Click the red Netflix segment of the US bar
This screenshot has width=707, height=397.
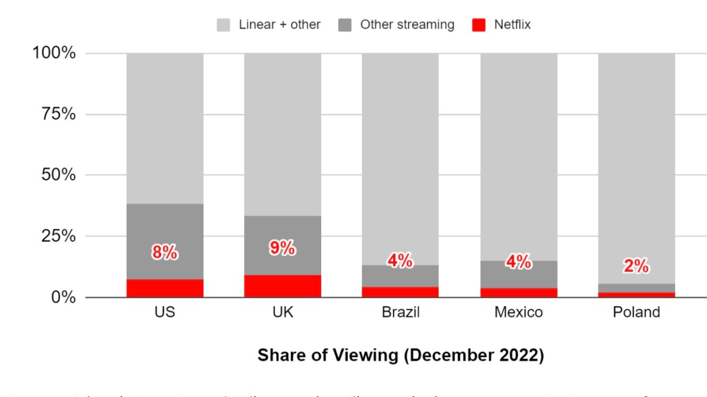[x=165, y=288]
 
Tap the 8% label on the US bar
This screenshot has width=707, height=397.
[x=165, y=253]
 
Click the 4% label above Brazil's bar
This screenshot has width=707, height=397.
[x=400, y=260]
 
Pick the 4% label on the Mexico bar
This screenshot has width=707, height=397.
[x=518, y=261]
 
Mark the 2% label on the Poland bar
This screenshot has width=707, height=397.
[x=636, y=266]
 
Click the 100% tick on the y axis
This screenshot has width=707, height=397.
[x=55, y=53]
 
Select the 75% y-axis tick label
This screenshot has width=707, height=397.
[x=58, y=114]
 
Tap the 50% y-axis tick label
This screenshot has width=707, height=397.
[x=58, y=175]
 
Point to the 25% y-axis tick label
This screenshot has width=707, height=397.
[x=58, y=236]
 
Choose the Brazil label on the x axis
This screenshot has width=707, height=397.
[x=400, y=312]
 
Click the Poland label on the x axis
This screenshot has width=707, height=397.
[x=636, y=312]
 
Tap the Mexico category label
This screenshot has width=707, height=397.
[x=518, y=312]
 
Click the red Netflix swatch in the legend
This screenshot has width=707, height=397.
[x=478, y=25]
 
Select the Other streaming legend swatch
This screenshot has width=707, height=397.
[x=344, y=25]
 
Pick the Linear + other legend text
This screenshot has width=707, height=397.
[x=279, y=25]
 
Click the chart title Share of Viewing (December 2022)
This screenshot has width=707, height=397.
[x=400, y=355]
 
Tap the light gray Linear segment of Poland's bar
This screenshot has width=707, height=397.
[x=636, y=159]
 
